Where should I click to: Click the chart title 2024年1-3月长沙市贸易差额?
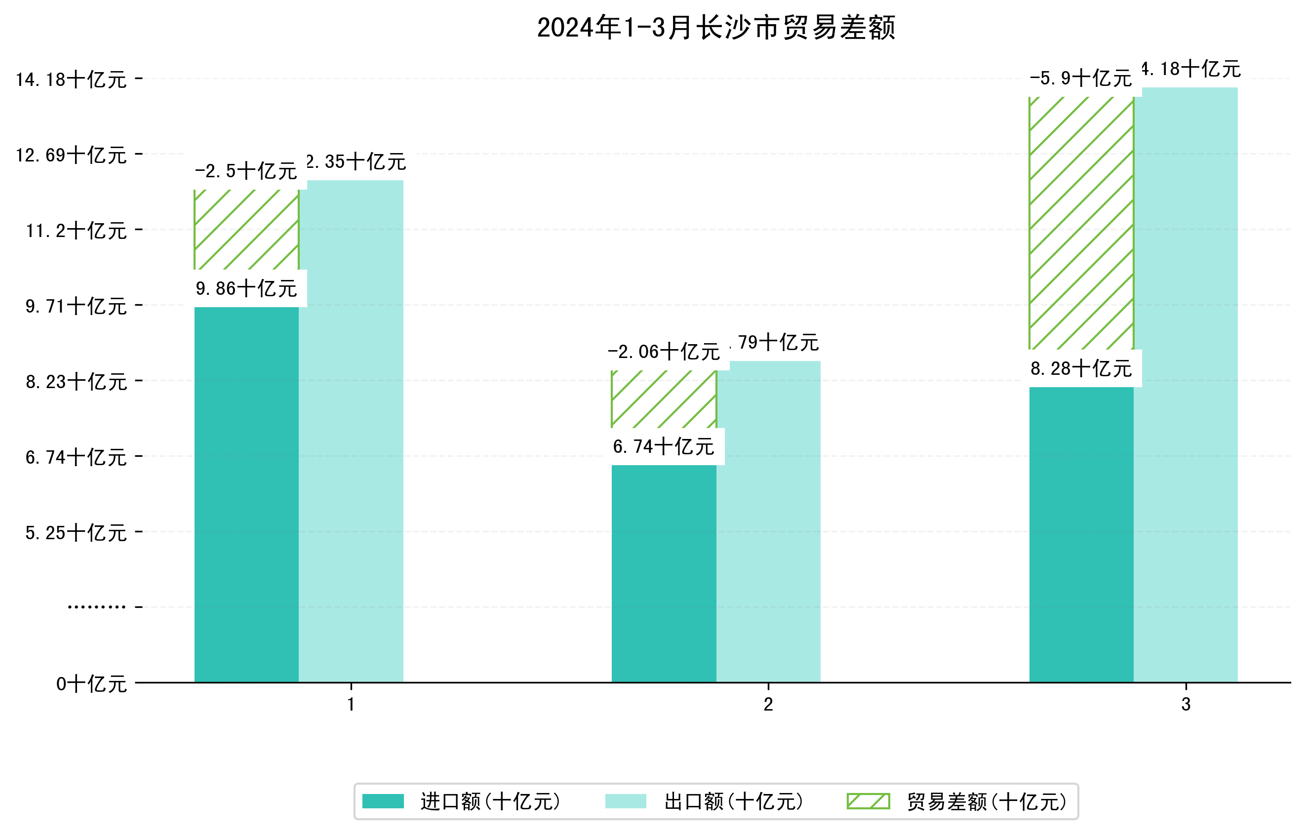[x=715, y=28]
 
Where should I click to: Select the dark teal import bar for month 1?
[x=246, y=493]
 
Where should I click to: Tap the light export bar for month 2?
[x=768, y=520]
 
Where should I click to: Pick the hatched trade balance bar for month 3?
[x=1081, y=222]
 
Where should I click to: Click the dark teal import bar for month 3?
[x=1081, y=534]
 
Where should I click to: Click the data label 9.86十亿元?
[x=246, y=288]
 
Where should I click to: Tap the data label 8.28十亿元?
[x=1081, y=368]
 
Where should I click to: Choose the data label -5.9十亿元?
[x=1081, y=79]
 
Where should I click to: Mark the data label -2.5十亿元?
[x=246, y=171]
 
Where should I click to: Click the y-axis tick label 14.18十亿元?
[x=71, y=79]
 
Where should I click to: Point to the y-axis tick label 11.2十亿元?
[x=76, y=231]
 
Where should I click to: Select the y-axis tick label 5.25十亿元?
[x=76, y=533]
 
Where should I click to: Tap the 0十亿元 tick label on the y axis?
[x=91, y=684]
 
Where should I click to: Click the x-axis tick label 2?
[x=768, y=705]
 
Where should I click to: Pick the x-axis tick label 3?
[x=1186, y=705]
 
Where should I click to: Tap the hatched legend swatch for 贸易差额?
[x=868, y=801]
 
